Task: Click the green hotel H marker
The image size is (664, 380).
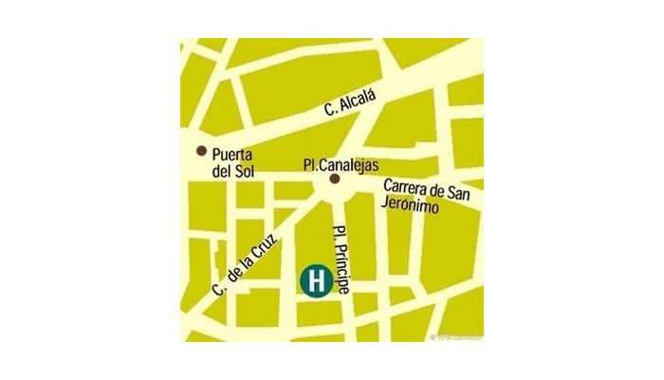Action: [x=316, y=281]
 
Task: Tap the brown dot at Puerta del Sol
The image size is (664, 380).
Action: [x=201, y=151]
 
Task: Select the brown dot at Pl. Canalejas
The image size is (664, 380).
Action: [x=333, y=178]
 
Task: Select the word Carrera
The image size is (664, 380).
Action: [x=409, y=187]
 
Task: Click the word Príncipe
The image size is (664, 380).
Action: [x=341, y=271]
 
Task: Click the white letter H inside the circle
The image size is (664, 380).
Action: [x=316, y=281]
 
